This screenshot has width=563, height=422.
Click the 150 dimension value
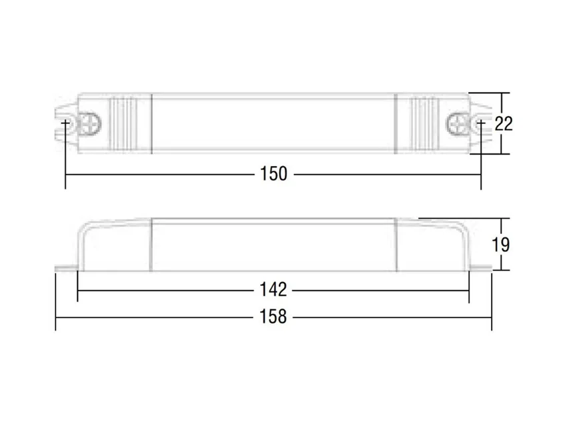pos(273,174)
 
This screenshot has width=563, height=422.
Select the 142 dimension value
pos(273,289)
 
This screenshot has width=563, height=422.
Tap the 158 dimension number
pos(273,317)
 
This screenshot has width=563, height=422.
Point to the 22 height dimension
pos(504,124)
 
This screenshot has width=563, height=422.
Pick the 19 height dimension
pos(500,245)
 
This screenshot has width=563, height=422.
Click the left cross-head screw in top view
pos(89,124)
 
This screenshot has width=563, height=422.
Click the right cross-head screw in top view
pos(458,124)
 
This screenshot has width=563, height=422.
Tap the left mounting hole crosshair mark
pos(65,123)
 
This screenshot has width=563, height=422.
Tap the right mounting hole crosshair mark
pos(481,123)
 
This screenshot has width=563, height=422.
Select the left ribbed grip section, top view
pos(123,123)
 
